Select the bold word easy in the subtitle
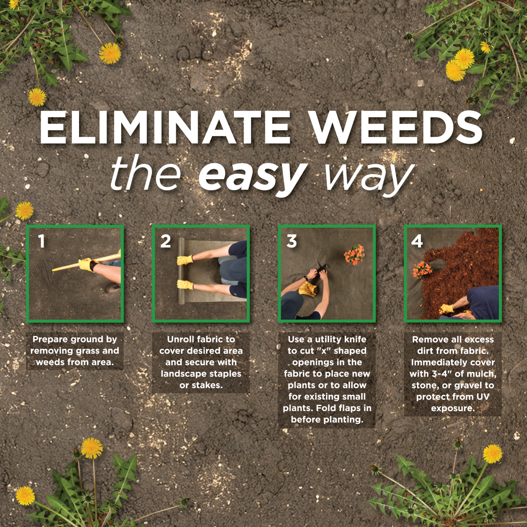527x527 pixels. tap(252, 175)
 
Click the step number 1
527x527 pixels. tap(42, 241)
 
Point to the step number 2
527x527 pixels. tap(165, 241)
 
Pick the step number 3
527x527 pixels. tap(292, 241)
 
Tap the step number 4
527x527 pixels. tap(417, 241)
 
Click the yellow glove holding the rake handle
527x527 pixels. tap(87, 264)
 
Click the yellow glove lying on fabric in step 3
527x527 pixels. tap(308, 288)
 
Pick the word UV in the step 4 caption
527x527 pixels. tap(483, 397)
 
